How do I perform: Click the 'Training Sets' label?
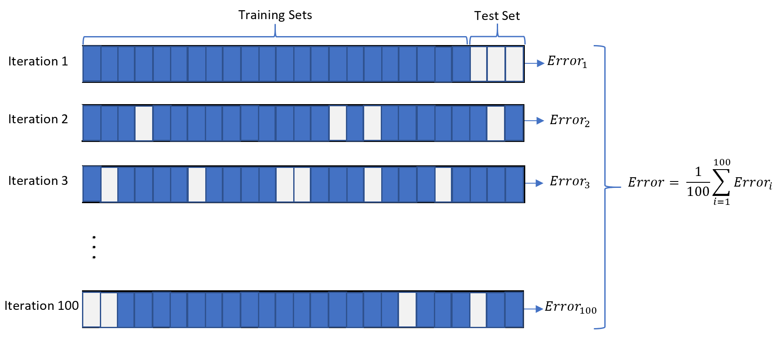pos(275,15)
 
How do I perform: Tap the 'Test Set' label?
pos(497,16)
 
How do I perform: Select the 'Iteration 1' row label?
pos(38,61)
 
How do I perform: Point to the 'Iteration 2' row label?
pos(38,119)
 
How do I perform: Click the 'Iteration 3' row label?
pos(38,181)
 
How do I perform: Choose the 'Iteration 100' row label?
pos(42,306)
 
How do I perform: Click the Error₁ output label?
pos(567,62)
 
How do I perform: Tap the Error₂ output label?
pos(569,121)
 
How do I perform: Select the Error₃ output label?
pos(569,182)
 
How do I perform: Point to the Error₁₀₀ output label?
pos(571,307)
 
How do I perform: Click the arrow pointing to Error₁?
pos(535,63)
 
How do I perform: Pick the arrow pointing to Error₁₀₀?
pos(534,309)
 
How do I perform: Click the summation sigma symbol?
pos(721,182)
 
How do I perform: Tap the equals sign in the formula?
pos(674,183)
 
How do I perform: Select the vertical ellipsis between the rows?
pos(94,247)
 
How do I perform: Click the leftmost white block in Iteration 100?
pos(91,309)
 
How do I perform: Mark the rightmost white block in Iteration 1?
pos(514,64)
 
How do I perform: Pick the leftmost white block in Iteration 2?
pos(144,123)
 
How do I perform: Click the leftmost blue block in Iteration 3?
pos(92,184)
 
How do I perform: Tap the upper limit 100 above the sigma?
pos(722,162)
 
